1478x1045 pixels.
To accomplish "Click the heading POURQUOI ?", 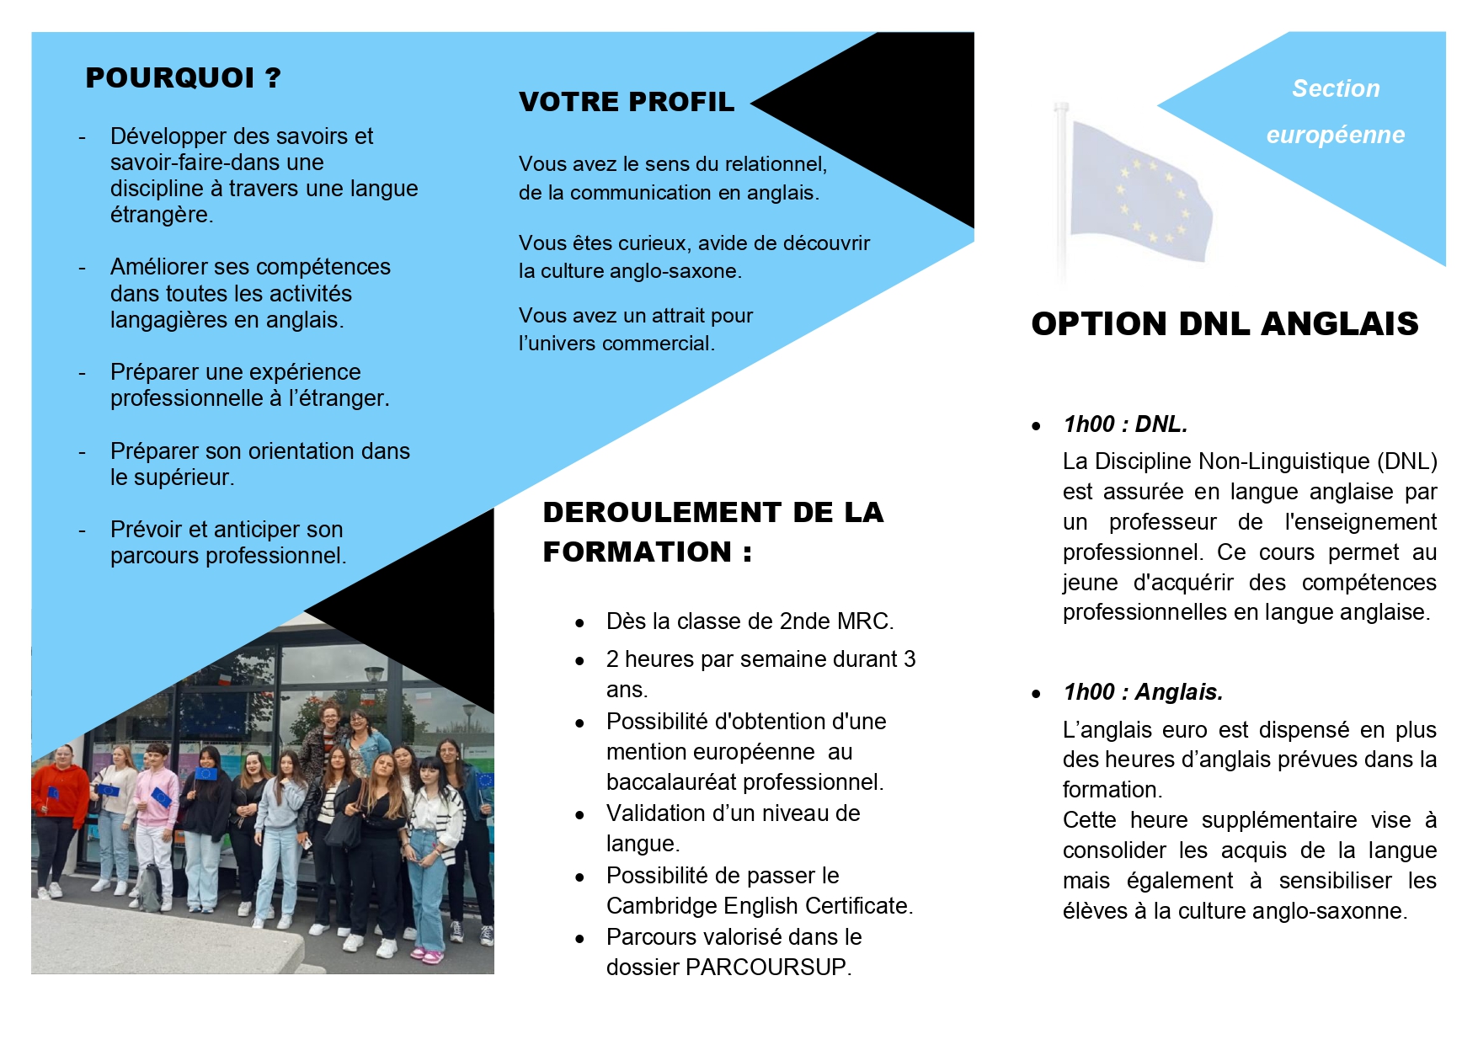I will (183, 78).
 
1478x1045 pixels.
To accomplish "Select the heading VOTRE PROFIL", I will (627, 102).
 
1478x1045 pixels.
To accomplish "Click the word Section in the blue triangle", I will (1336, 88).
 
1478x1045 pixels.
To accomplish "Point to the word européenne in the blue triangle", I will (1335, 135).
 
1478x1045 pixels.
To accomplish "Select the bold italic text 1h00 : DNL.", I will (1125, 424).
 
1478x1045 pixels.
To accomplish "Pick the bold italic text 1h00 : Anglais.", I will (1143, 692).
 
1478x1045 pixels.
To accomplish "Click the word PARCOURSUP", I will (766, 968).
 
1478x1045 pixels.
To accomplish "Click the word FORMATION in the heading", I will (638, 552).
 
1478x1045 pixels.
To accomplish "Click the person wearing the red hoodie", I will (59, 800).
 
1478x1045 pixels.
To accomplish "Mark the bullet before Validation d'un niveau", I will (579, 815).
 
